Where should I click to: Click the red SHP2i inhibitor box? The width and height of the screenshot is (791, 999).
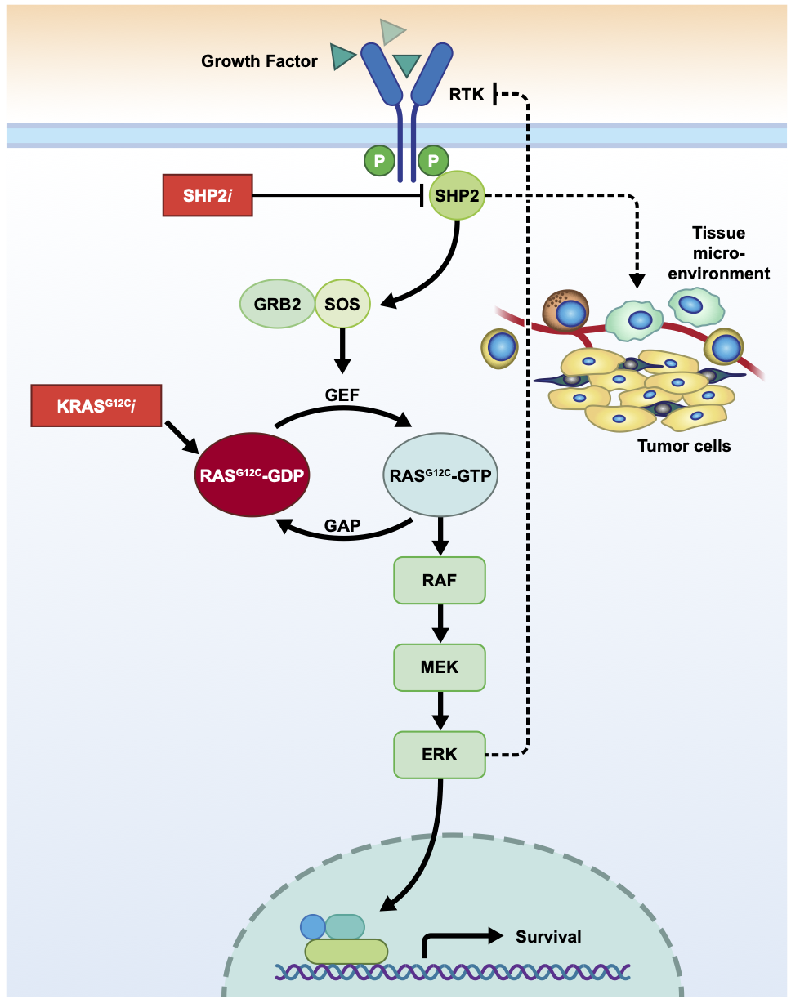[208, 195]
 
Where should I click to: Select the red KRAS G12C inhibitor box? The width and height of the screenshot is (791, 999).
[95, 405]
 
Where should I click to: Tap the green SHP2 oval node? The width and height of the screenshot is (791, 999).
[457, 195]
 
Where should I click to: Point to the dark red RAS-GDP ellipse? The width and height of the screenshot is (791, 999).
[252, 475]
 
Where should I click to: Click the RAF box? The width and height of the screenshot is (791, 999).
[440, 581]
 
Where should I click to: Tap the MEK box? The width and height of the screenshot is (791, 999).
[440, 667]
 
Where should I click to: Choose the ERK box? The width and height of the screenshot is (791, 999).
[440, 755]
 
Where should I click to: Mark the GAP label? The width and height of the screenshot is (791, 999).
[342, 525]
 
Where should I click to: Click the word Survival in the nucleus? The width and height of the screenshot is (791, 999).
[548, 936]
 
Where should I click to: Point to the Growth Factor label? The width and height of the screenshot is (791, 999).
[259, 60]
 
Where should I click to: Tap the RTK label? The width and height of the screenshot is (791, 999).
[467, 95]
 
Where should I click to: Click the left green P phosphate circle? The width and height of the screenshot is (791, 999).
[379, 161]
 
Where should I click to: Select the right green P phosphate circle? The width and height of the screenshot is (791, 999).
[433, 161]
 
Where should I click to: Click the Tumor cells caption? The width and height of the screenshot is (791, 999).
[684, 446]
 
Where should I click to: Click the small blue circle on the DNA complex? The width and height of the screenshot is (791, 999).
[313, 925]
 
